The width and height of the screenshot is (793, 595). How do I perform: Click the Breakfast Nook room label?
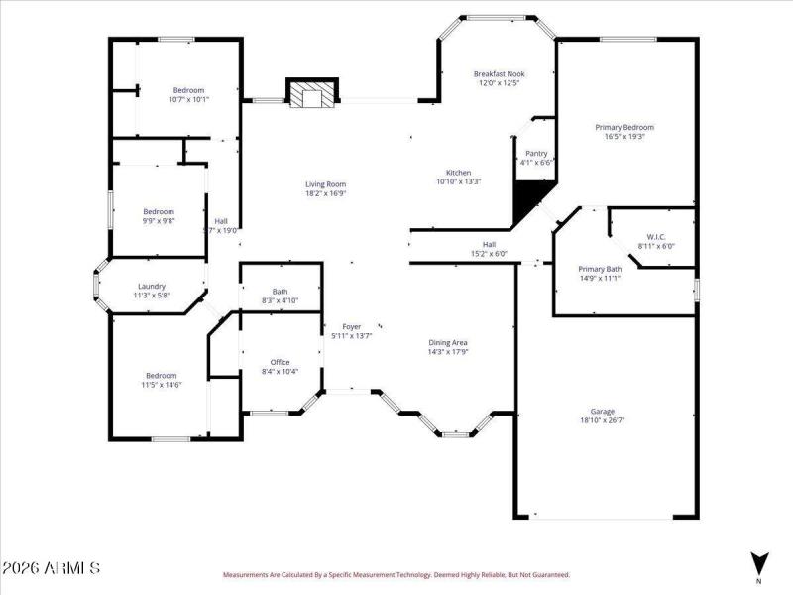click(499, 73)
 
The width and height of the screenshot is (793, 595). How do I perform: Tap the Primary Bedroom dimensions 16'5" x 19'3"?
click(624, 137)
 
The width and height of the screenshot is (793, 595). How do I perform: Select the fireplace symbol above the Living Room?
click(312, 94)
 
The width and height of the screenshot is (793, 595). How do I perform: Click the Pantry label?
click(536, 153)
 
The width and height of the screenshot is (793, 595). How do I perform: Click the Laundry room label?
click(152, 286)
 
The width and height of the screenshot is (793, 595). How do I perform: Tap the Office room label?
click(281, 362)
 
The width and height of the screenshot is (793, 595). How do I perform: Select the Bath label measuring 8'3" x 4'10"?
click(281, 291)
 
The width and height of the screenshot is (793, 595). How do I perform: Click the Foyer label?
click(352, 326)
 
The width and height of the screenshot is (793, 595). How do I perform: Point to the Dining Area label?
click(448, 342)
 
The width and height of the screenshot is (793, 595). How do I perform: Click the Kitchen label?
click(458, 172)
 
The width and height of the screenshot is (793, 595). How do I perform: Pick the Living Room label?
click(325, 184)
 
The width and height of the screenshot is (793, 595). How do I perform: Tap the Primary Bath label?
click(600, 269)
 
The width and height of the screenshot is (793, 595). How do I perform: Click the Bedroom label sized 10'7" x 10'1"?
click(188, 90)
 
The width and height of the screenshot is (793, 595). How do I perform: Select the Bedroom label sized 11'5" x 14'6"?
click(161, 375)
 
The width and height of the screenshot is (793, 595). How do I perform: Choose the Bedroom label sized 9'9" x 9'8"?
click(159, 211)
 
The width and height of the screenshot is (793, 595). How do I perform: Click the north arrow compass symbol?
click(759, 562)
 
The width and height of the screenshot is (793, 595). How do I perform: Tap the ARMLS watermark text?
click(51, 568)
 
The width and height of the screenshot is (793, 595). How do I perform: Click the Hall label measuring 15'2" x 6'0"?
click(489, 244)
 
